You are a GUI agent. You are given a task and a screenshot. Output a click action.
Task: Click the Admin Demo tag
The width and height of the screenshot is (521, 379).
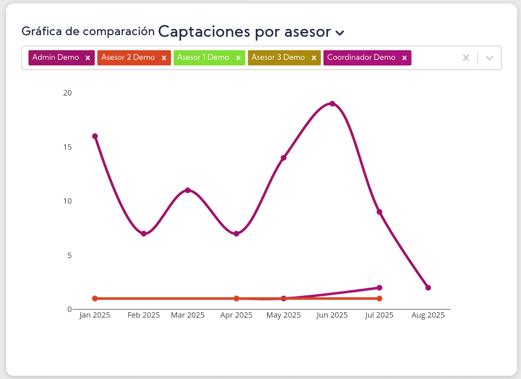pyautogui.click(x=56, y=57)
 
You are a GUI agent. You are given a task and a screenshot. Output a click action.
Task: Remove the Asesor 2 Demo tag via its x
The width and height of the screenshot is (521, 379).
pyautogui.click(x=164, y=58)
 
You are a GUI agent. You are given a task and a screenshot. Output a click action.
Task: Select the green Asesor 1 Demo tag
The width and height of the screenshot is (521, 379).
pyautogui.click(x=203, y=57)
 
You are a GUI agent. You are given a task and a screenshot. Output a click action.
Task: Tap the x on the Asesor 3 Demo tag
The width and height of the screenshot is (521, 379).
pyautogui.click(x=314, y=58)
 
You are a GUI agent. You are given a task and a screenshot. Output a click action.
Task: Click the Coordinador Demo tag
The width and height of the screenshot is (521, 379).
pyautogui.click(x=361, y=57)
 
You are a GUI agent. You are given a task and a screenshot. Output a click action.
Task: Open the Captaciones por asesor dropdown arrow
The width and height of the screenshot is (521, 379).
pyautogui.click(x=340, y=32)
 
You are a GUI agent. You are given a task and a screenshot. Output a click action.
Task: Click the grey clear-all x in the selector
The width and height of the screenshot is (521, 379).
pyautogui.click(x=466, y=58)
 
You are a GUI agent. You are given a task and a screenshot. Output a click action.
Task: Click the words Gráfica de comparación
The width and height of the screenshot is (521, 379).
pyautogui.click(x=88, y=31)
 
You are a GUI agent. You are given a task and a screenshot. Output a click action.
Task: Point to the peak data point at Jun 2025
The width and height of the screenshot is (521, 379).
pyautogui.click(x=332, y=104)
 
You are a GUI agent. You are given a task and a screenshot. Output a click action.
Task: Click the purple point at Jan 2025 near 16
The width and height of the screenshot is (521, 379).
pyautogui.click(x=95, y=136)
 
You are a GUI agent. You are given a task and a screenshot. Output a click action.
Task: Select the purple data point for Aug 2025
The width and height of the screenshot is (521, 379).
pyautogui.click(x=428, y=288)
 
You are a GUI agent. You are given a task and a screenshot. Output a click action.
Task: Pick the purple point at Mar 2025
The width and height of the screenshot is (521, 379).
pyautogui.click(x=187, y=190)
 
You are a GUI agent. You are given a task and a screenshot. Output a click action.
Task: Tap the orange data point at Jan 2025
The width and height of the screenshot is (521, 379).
pyautogui.click(x=95, y=299)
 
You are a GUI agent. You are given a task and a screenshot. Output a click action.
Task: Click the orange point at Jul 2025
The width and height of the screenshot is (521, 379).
pyautogui.click(x=379, y=299)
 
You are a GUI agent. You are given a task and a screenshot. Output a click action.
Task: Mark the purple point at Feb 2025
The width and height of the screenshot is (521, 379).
pyautogui.click(x=144, y=234)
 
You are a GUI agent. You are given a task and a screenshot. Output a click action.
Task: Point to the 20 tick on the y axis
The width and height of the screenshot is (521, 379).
pyautogui.click(x=67, y=93)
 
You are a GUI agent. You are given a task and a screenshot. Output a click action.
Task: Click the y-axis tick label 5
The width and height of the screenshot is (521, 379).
pyautogui.click(x=69, y=255)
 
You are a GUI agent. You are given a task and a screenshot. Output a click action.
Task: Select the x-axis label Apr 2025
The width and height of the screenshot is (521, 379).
pyautogui.click(x=236, y=315)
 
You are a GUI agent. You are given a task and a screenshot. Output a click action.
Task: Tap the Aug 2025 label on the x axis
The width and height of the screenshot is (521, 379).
pyautogui.click(x=428, y=315)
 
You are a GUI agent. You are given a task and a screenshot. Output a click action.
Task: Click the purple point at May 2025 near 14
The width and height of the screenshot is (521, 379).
pyautogui.click(x=283, y=158)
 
